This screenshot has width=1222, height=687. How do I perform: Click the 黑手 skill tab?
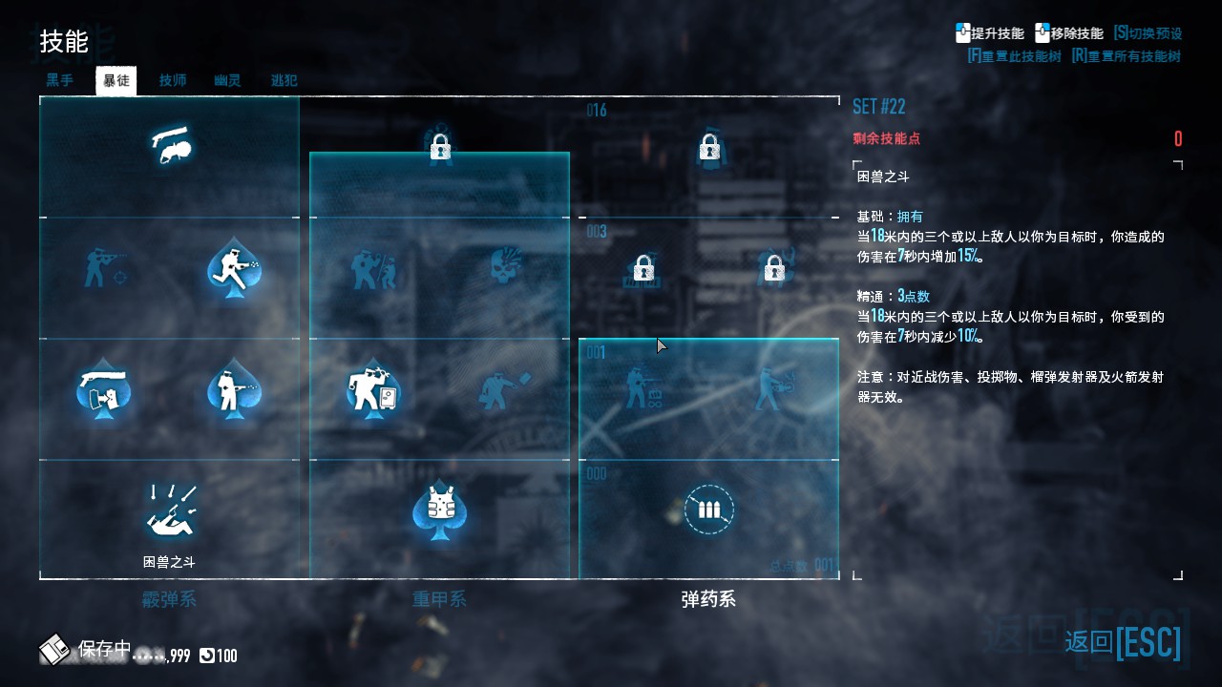click(59, 81)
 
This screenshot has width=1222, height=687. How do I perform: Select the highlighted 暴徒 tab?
click(116, 81)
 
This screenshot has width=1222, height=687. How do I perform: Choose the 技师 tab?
click(173, 81)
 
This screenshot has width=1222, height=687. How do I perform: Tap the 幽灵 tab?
click(227, 81)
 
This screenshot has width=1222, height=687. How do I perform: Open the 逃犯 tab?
click(284, 81)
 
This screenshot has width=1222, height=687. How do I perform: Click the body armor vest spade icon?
click(439, 510)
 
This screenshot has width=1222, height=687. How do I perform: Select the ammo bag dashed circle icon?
click(708, 510)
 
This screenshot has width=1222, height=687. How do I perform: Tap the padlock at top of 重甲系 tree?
click(439, 147)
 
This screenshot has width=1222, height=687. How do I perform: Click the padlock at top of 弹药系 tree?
click(708, 147)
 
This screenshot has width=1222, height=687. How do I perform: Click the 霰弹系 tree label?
click(169, 600)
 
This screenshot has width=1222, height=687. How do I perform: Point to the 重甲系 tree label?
click(439, 600)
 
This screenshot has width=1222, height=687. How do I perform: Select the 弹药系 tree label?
click(708, 600)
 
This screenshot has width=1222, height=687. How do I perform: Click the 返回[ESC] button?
click(1123, 642)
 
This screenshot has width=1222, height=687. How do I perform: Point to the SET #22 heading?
click(878, 107)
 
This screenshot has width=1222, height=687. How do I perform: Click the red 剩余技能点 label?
click(887, 139)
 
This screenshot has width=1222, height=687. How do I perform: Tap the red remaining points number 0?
click(1178, 139)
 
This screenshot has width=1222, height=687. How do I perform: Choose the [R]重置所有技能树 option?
click(1127, 56)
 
